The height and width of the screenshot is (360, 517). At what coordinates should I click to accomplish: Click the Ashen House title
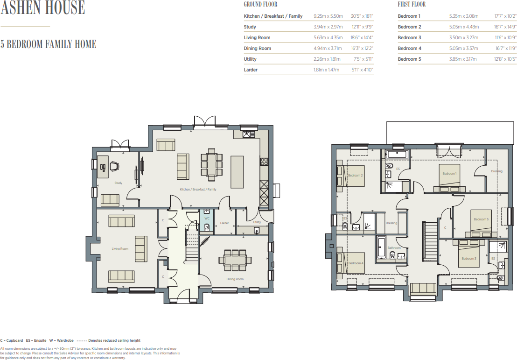42,8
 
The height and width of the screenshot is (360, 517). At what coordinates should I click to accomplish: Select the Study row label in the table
250,27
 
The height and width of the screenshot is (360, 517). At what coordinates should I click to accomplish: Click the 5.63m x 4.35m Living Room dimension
328,38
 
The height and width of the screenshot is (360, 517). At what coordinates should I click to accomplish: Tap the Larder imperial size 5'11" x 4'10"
362,70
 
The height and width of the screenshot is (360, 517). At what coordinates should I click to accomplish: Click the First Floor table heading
412,5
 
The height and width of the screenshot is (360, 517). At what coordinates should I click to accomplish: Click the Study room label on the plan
119,183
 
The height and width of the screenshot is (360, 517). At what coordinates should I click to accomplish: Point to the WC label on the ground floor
207,218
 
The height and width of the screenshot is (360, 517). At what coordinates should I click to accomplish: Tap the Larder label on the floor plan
224,223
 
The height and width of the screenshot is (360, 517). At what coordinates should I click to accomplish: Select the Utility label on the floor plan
257,222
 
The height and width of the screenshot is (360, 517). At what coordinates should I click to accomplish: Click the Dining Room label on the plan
235,279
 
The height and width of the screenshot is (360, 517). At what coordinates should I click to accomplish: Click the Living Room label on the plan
120,249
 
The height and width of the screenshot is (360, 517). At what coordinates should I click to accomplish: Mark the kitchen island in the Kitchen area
237,171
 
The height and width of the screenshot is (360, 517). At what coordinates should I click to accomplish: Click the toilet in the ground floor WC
207,227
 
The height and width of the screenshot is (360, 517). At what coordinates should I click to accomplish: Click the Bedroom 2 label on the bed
355,176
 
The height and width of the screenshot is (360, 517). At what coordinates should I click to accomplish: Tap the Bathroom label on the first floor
394,248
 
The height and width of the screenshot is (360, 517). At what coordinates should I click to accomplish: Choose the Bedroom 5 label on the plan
481,219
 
